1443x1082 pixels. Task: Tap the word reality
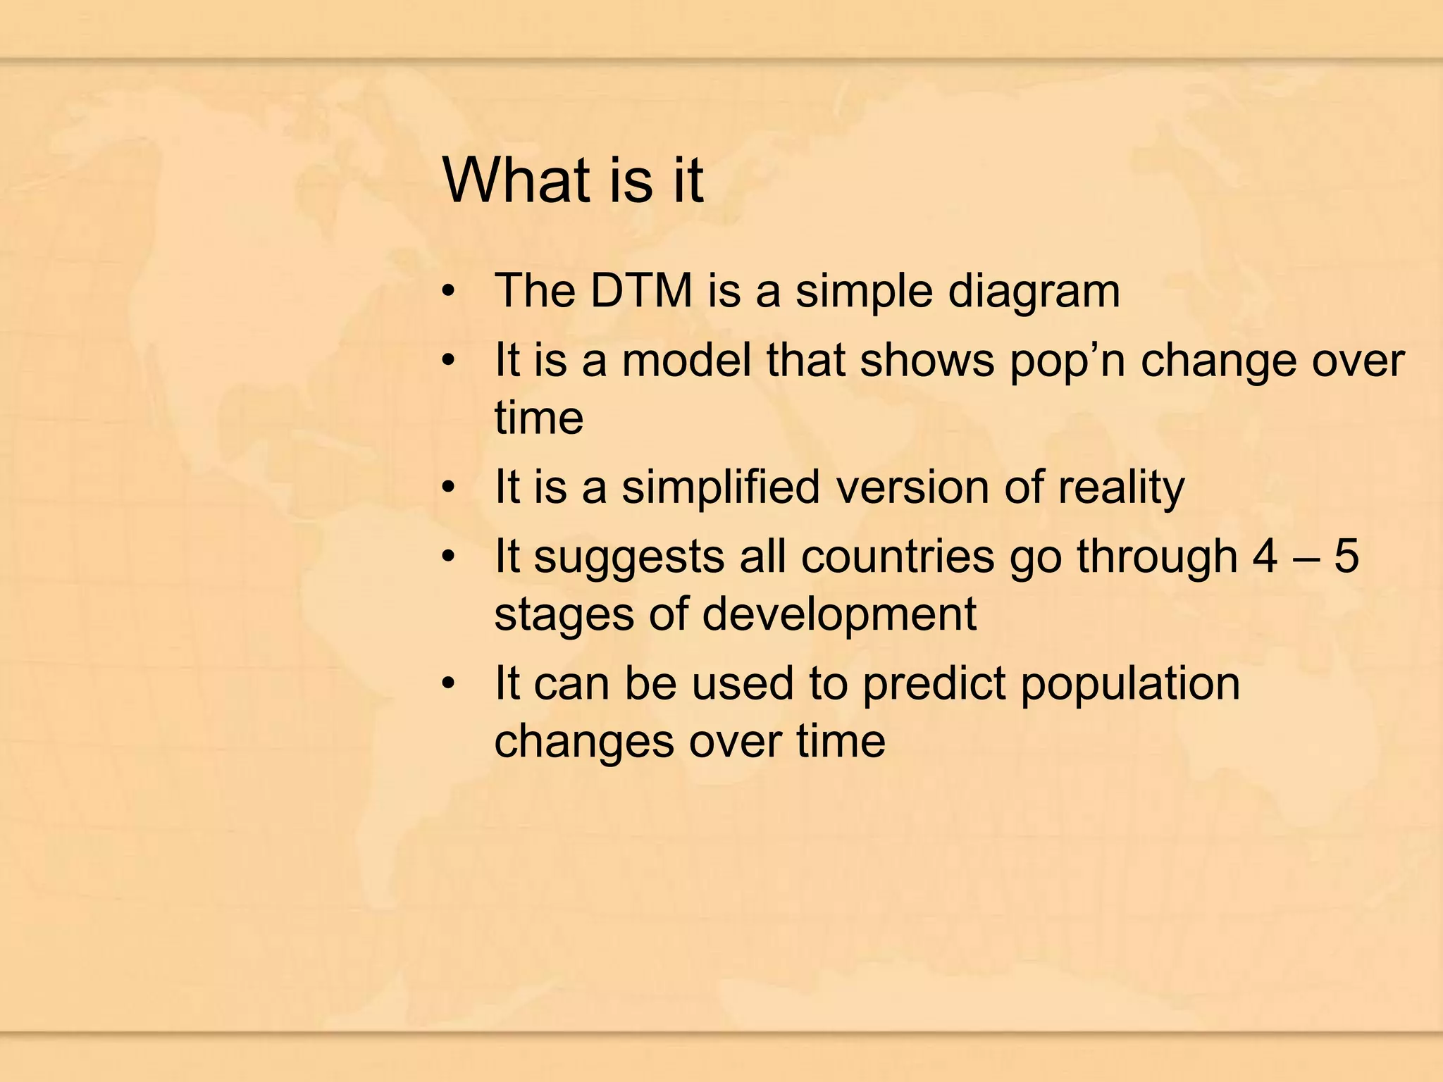pyautogui.click(x=1121, y=488)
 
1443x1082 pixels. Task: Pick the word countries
pyautogui.click(x=898, y=556)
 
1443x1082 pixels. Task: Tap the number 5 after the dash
pyautogui.click(x=1346, y=556)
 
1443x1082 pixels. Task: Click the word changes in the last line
pyautogui.click(x=583, y=742)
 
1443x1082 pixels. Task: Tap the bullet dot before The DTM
pyautogui.click(x=449, y=292)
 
